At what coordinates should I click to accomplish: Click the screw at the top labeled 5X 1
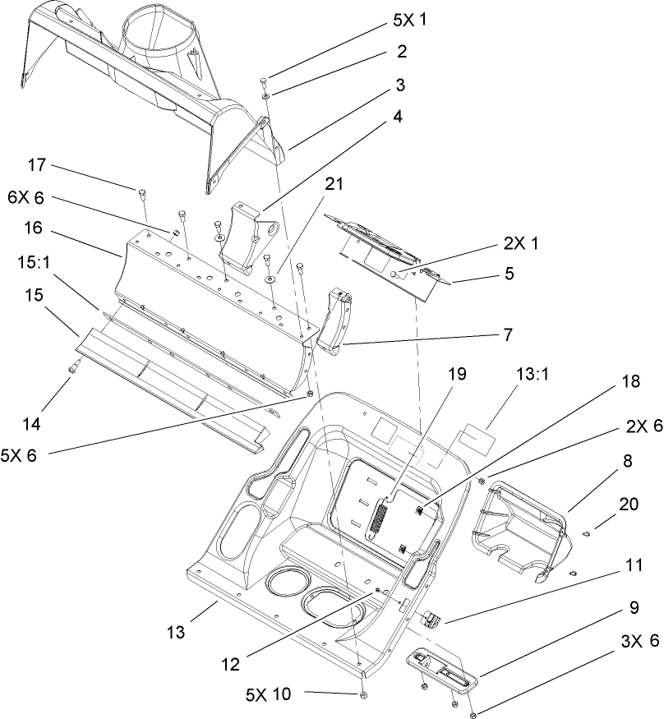coord(263,80)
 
